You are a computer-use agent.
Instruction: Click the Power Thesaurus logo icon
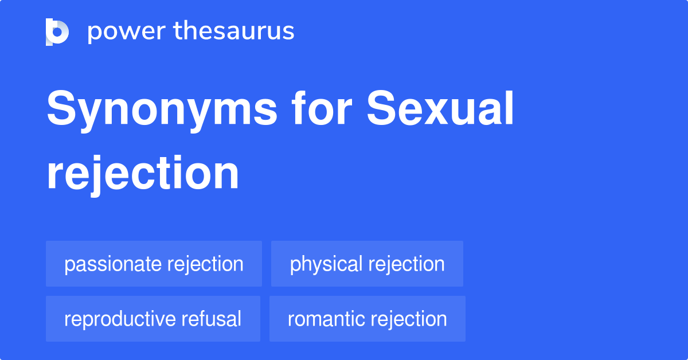click(x=57, y=32)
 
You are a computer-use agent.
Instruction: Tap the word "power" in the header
click(x=127, y=32)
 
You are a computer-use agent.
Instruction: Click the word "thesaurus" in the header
click(x=234, y=30)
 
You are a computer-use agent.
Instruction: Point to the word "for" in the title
click(x=322, y=108)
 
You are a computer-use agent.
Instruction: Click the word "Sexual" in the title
click(x=440, y=108)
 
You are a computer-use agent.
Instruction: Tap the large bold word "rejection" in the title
click(x=143, y=174)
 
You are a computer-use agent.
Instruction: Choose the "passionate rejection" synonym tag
click(x=154, y=264)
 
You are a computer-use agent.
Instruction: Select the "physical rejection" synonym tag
click(x=367, y=264)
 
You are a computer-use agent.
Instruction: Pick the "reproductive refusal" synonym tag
click(x=153, y=319)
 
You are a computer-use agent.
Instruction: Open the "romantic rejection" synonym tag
click(x=368, y=319)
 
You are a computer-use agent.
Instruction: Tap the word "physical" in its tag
click(x=326, y=264)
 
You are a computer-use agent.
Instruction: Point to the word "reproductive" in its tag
click(x=119, y=319)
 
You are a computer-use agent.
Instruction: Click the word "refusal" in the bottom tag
click(x=212, y=319)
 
